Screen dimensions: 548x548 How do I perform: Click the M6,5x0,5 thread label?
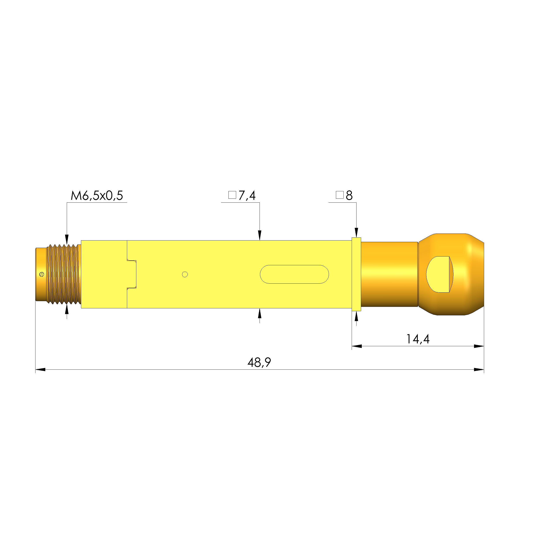(97, 196)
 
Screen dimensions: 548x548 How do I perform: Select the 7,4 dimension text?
(247, 196)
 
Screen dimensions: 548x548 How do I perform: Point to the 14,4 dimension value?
(418, 339)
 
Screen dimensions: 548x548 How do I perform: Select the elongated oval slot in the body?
(294, 274)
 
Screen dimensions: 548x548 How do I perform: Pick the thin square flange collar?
(356, 274)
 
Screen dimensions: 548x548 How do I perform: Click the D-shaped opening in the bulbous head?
(439, 274)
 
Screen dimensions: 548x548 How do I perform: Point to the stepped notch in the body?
(132, 274)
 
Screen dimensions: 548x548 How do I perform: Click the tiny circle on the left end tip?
(42, 274)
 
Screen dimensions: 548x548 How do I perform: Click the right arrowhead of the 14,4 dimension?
(479, 346)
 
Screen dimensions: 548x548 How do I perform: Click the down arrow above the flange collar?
(357, 233)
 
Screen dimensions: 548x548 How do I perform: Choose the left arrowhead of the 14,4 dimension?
(357, 346)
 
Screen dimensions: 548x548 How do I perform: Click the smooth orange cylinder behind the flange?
(389, 274)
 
